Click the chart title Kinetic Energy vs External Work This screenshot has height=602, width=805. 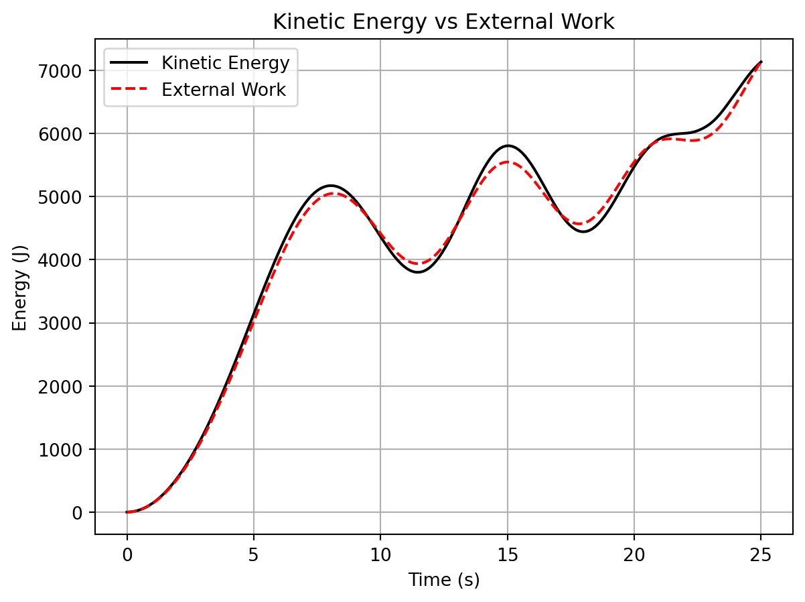pos(443,22)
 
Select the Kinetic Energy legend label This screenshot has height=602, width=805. pos(225,63)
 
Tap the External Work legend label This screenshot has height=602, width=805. pos(224,91)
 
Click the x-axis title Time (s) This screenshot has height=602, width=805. pos(443,580)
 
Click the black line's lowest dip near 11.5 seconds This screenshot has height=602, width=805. pos(418,272)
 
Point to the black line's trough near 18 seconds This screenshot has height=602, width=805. pos(583,232)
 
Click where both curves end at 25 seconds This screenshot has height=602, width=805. pos(761,62)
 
